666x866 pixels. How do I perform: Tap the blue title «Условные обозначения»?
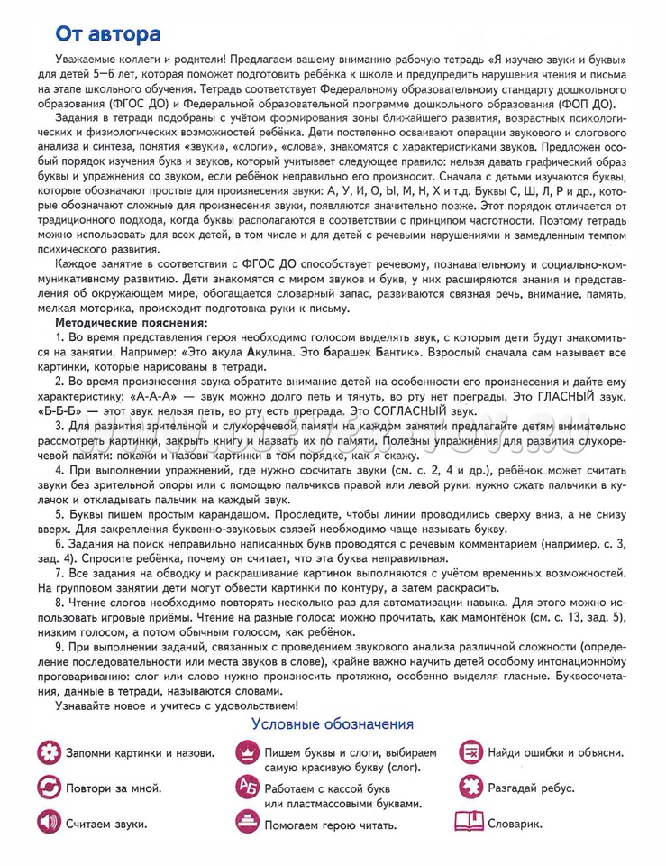tap(333, 724)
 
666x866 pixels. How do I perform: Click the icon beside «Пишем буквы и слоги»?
tap(245, 752)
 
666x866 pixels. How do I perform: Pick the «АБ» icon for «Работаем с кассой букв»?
tap(245, 788)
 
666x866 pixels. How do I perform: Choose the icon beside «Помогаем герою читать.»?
tap(245, 823)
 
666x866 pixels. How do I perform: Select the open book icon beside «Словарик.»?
tap(469, 823)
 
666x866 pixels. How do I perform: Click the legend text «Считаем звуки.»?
tap(107, 824)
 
